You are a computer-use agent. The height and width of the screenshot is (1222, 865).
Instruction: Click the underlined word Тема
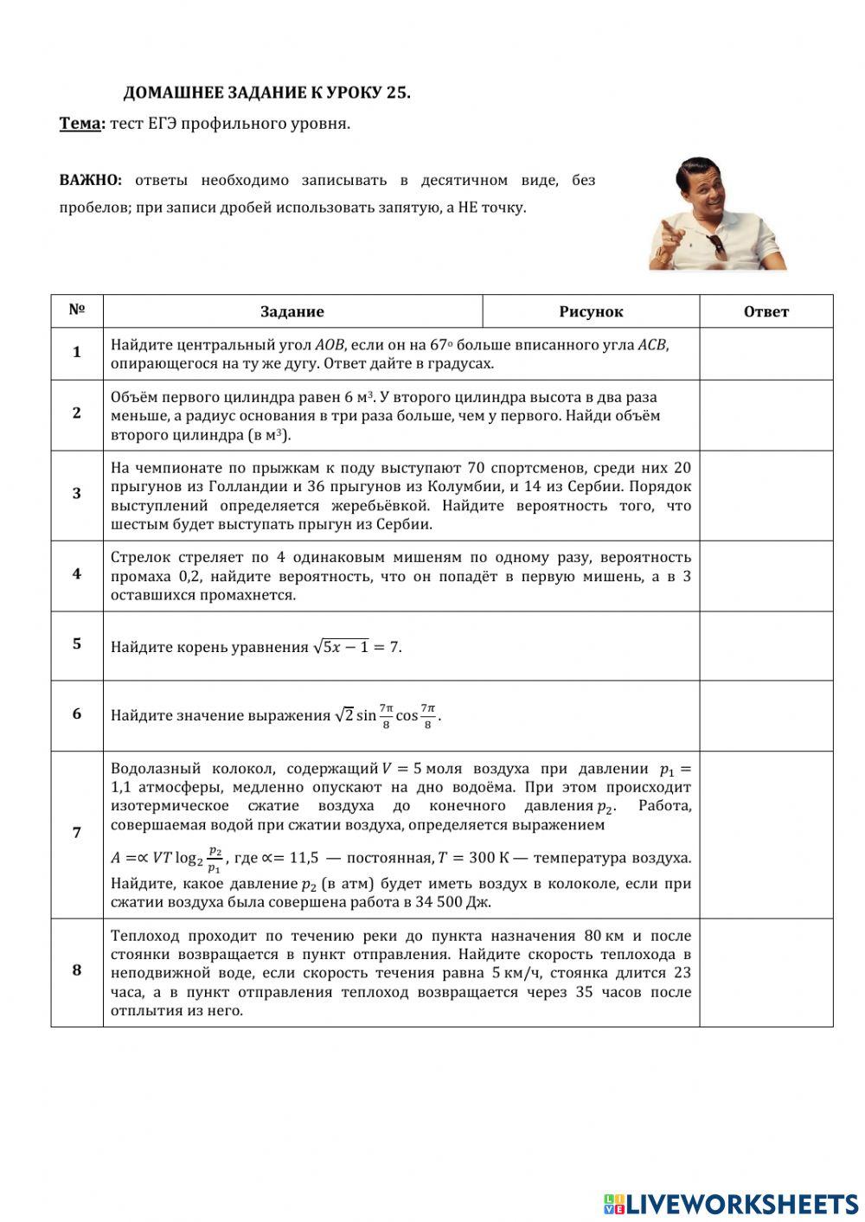[x=80, y=124]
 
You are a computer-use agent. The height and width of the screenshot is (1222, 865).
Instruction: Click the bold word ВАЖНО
[x=89, y=181]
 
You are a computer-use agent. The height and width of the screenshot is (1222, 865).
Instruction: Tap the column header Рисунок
[x=591, y=311]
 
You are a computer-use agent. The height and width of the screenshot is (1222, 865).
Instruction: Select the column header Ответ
[x=766, y=311]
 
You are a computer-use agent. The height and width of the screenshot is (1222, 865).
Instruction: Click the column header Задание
[x=292, y=311]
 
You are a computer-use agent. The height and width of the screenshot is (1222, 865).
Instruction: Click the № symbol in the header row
[x=77, y=310]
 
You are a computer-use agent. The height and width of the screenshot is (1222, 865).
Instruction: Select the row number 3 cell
[x=77, y=494]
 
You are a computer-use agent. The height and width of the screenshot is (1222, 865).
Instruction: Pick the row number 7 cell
[x=77, y=833]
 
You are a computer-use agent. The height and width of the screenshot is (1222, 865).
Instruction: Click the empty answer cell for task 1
[x=766, y=353]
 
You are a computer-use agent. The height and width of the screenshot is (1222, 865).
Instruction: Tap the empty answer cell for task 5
[x=766, y=645]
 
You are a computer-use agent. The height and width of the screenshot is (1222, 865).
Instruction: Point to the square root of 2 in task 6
[x=344, y=715]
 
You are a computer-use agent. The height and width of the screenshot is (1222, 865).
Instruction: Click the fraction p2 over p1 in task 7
[x=215, y=860]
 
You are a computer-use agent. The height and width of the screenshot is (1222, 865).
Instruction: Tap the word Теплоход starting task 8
[x=144, y=936]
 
